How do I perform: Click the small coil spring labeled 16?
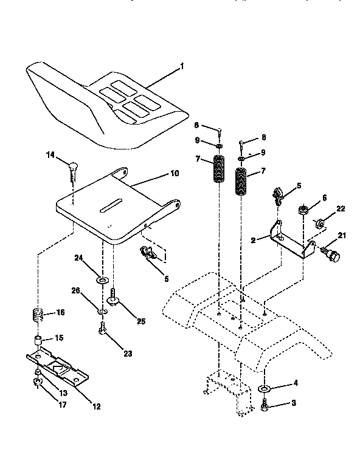[38, 316]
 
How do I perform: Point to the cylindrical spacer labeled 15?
[38, 338]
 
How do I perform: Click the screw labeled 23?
[102, 329]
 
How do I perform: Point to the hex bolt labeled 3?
[265, 406]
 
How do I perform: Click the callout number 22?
[341, 210]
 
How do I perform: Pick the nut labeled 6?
[302, 211]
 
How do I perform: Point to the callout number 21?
[341, 236]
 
